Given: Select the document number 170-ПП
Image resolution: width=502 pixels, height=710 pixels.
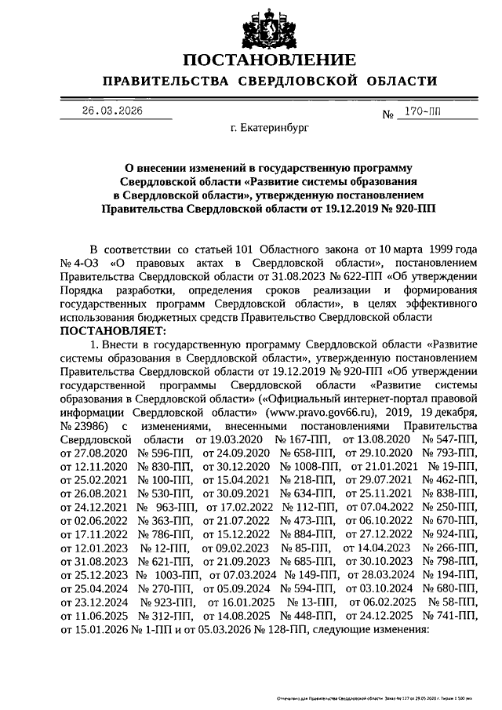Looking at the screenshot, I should point(424,111).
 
